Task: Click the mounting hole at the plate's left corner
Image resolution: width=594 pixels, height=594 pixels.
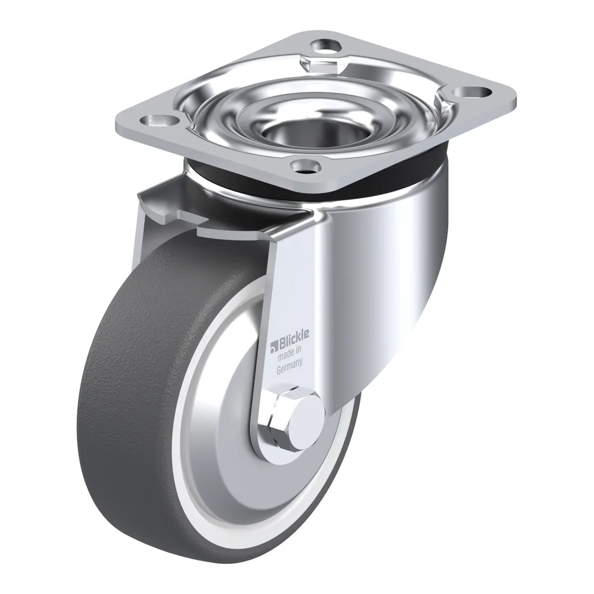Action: coord(160,120)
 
